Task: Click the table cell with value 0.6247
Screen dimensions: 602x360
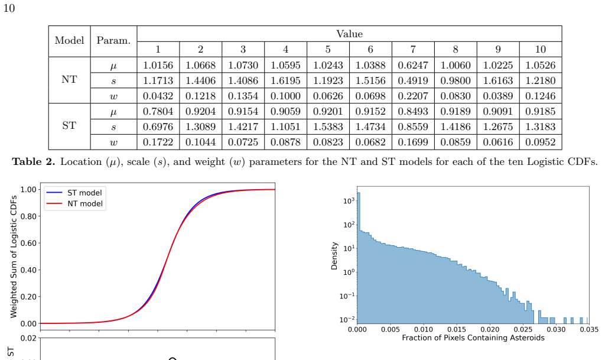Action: (413, 65)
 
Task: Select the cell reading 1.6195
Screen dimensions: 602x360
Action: (285, 80)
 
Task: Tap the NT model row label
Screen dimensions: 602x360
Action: (69, 80)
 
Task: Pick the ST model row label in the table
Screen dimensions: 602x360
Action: (69, 126)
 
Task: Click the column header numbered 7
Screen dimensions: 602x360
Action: (413, 49)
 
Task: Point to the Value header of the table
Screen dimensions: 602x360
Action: (349, 34)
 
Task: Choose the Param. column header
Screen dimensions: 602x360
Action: (113, 40)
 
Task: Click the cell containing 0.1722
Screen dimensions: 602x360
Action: (158, 142)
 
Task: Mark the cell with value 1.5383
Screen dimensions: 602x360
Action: (328, 127)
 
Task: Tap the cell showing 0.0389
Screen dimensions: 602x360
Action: (498, 96)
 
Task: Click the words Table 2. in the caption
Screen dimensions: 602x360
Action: (34, 162)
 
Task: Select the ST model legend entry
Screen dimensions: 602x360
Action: (84, 193)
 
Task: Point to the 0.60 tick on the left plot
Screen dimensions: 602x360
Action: (28, 243)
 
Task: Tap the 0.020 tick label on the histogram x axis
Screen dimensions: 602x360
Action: (490, 329)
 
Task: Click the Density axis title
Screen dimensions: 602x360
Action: (334, 256)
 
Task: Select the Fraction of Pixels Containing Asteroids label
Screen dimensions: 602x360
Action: (473, 338)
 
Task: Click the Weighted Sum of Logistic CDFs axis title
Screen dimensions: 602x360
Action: (14, 257)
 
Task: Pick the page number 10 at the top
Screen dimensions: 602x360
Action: (9, 8)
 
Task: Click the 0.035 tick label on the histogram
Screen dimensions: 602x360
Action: (589, 329)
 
